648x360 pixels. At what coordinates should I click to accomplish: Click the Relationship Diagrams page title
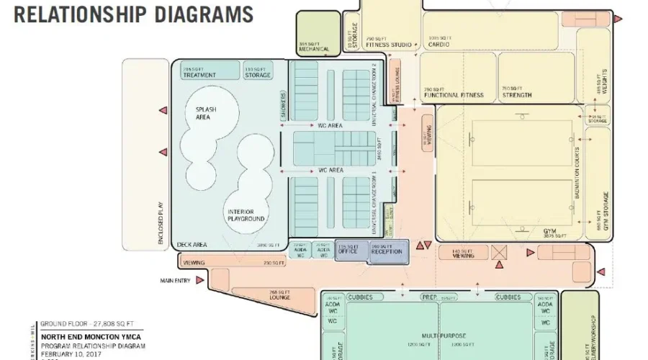pyautogui.click(x=134, y=14)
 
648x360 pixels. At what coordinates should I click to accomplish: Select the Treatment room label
pyautogui.click(x=199, y=75)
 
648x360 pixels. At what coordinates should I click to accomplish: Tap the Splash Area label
pyautogui.click(x=205, y=113)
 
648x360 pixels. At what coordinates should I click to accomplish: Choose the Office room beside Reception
pyautogui.click(x=348, y=251)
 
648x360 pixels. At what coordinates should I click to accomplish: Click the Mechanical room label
pyautogui.click(x=314, y=50)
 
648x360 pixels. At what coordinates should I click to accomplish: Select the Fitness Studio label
pyautogui.click(x=389, y=45)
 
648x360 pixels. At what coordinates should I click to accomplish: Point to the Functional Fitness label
pyautogui.click(x=453, y=95)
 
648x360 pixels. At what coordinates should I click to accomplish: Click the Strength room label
pyautogui.click(x=517, y=95)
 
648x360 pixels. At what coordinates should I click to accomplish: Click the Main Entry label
pyautogui.click(x=176, y=281)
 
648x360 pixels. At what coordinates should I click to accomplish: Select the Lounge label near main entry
pyautogui.click(x=279, y=297)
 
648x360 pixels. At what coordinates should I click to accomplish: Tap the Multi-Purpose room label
pyautogui.click(x=440, y=336)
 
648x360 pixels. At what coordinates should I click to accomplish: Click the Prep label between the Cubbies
pyautogui.click(x=431, y=297)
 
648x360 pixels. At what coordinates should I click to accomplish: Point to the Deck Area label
pyautogui.click(x=193, y=245)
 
